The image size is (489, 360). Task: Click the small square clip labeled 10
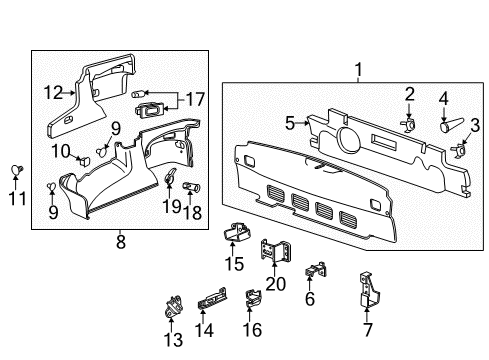pyautogui.click(x=85, y=154)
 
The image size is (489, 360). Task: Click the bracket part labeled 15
pyautogui.click(x=237, y=233)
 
